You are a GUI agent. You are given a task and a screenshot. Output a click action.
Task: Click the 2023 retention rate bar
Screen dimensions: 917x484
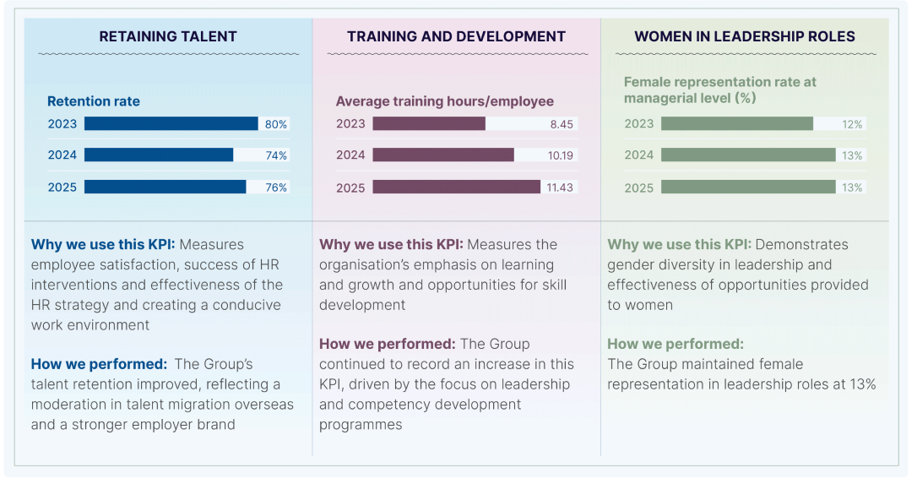(171, 123)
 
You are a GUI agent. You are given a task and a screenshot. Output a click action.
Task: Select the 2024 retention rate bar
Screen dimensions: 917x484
(159, 155)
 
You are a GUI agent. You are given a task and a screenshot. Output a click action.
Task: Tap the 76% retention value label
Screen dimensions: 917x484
(276, 188)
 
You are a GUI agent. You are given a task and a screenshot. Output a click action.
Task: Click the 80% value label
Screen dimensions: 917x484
(276, 124)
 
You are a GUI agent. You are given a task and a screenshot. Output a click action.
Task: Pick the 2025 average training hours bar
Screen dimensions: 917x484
(456, 187)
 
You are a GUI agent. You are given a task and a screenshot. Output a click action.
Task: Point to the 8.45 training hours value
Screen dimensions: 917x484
(562, 124)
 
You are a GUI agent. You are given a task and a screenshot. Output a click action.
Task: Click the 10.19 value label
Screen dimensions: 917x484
(561, 155)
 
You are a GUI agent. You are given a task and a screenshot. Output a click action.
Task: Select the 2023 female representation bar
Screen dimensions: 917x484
(737, 123)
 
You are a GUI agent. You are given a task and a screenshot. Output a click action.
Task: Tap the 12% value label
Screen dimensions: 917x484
(852, 124)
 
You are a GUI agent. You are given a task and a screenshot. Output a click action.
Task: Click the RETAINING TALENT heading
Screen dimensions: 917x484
(168, 36)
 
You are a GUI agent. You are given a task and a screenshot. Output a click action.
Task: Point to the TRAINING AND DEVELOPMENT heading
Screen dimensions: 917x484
(456, 36)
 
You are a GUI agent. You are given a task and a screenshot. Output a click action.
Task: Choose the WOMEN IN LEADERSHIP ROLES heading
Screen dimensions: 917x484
(745, 36)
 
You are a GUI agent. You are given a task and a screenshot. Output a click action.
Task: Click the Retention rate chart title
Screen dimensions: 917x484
(94, 101)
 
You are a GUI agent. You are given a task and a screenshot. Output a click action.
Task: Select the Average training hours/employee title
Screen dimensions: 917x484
(444, 101)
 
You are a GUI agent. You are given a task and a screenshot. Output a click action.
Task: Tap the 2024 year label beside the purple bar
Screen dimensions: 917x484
(350, 155)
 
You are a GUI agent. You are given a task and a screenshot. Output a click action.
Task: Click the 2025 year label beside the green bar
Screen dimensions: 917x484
(638, 188)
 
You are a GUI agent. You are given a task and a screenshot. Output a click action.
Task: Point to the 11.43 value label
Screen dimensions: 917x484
(560, 188)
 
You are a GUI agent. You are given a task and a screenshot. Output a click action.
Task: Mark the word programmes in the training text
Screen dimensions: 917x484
(361, 425)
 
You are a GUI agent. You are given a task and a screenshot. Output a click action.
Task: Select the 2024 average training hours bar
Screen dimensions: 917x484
(443, 155)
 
